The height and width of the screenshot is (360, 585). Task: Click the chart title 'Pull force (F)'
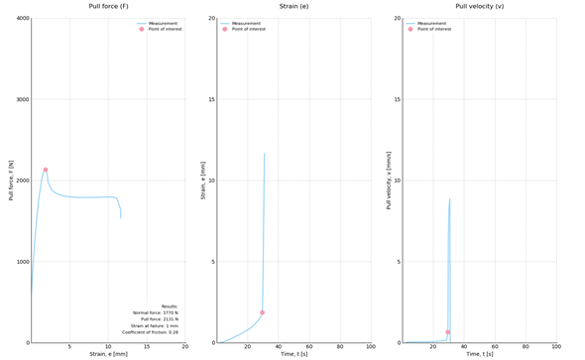pyautogui.click(x=108, y=6)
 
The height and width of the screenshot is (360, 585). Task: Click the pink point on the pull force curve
pyautogui.click(x=46, y=170)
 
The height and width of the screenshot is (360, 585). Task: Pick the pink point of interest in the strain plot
pyautogui.click(x=263, y=312)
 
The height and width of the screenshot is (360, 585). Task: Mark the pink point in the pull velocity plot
pyautogui.click(x=448, y=332)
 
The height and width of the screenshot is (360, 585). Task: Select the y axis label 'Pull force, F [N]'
pyautogui.click(x=11, y=180)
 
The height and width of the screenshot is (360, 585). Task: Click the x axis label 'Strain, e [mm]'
pyautogui.click(x=108, y=354)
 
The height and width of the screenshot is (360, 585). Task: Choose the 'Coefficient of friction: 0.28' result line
pyautogui.click(x=151, y=332)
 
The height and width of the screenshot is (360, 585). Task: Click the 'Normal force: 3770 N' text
pyautogui.click(x=157, y=312)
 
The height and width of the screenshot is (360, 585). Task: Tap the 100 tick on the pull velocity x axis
pyautogui.click(x=556, y=347)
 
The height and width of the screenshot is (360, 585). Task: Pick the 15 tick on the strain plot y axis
pyautogui.click(x=211, y=100)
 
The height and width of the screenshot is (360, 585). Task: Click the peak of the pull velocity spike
pyautogui.click(x=449, y=199)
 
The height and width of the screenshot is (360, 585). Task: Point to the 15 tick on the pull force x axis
pyautogui.click(x=147, y=347)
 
